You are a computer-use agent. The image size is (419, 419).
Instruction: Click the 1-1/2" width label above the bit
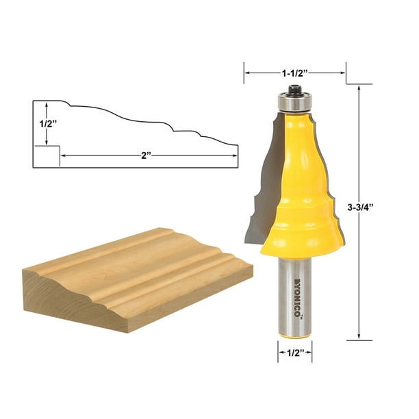(294, 71)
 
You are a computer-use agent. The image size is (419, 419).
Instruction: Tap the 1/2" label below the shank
(293, 355)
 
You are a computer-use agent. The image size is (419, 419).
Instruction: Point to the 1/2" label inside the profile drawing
(45, 125)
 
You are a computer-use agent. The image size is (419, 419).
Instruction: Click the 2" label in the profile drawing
(146, 156)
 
